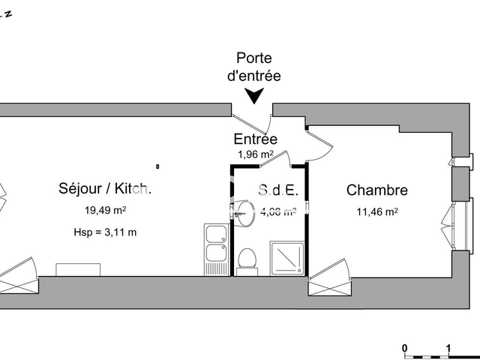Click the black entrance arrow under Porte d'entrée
256,95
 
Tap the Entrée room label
256,139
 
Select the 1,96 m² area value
255,154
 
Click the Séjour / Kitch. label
105,189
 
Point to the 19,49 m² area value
104,210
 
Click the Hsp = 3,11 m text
104,232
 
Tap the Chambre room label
377,191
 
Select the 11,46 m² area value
376,211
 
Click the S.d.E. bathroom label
279,190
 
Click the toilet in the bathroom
246,259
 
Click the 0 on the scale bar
404,348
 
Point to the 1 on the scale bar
448,348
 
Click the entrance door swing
250,121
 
